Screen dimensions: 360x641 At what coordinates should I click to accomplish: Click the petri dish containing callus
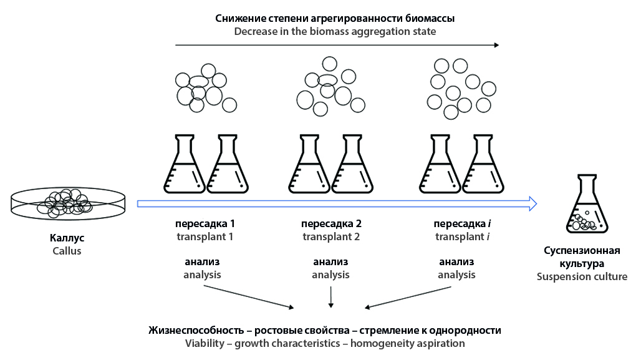(67, 203)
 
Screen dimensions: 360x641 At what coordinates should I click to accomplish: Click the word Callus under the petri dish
(67, 251)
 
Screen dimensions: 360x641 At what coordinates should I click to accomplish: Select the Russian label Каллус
(67, 238)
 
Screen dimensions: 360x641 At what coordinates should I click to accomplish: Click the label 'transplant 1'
(205, 236)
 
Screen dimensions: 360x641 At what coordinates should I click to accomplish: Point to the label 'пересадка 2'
(331, 223)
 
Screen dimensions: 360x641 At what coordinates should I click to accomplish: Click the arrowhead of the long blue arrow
(532, 203)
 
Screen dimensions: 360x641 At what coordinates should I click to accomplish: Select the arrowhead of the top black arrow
(496, 45)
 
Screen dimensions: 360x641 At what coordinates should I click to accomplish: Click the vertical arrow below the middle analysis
(331, 296)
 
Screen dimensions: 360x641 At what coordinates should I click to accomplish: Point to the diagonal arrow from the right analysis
(409, 297)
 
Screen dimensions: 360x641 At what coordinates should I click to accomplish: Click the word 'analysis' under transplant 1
(202, 275)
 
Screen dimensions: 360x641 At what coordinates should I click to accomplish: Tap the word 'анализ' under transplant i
(456, 261)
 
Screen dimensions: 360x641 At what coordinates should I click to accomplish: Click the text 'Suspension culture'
(582, 276)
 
